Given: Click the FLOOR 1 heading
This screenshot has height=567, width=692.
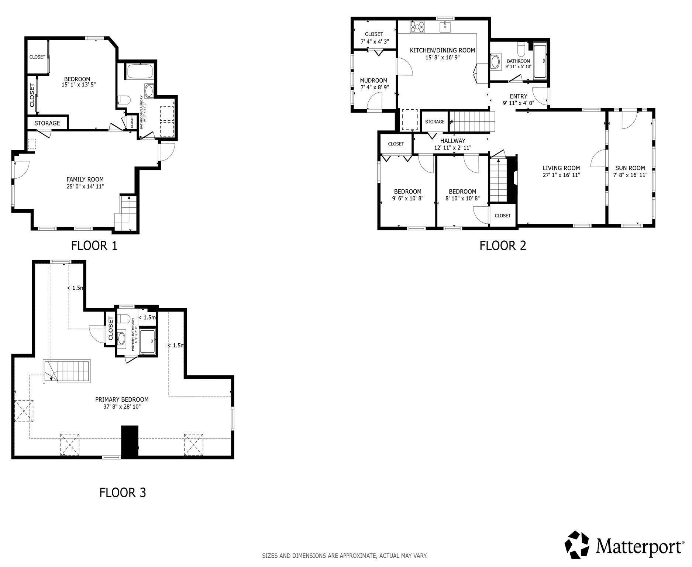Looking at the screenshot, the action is click(94, 245).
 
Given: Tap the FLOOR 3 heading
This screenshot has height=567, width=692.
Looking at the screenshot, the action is click(123, 492).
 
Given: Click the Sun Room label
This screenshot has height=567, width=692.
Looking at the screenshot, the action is click(630, 168).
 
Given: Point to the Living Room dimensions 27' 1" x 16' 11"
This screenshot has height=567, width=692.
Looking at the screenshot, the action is click(561, 175).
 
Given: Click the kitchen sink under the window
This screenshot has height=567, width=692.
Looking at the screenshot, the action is click(446, 27).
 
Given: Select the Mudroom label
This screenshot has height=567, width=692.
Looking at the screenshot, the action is click(373, 80).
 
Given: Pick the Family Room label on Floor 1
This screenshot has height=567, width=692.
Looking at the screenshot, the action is click(85, 179).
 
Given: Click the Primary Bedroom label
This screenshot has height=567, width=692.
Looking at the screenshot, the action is click(122, 399).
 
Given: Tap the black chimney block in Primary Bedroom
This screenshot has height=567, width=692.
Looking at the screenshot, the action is click(130, 442).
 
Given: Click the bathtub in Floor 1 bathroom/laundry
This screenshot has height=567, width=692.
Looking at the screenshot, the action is click(140, 71).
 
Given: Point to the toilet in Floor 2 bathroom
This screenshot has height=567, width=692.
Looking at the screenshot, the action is click(521, 49).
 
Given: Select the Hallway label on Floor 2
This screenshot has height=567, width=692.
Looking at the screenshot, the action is click(452, 141).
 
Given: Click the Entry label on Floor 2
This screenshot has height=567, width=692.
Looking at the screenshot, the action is click(519, 96).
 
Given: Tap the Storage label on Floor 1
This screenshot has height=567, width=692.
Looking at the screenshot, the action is click(47, 123).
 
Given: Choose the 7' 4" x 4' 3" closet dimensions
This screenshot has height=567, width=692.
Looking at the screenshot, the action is click(374, 42).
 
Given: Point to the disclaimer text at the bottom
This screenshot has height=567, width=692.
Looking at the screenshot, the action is click(345, 556).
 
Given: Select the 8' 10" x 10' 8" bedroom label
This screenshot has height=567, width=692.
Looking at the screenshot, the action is click(462, 198).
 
